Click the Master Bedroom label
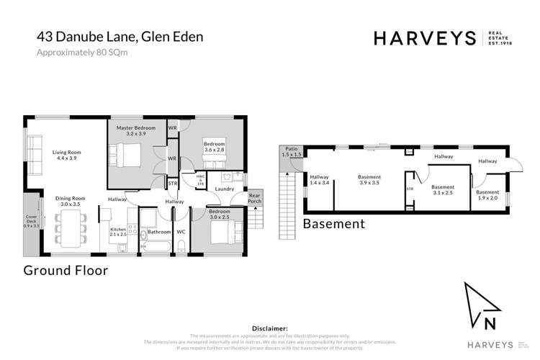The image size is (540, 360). pos(136,130)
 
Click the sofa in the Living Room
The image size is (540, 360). pos(32,148)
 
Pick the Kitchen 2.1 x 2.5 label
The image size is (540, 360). pos(118,231)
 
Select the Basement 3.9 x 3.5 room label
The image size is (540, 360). pos(369,179)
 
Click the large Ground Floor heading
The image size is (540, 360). pos(66,271)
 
